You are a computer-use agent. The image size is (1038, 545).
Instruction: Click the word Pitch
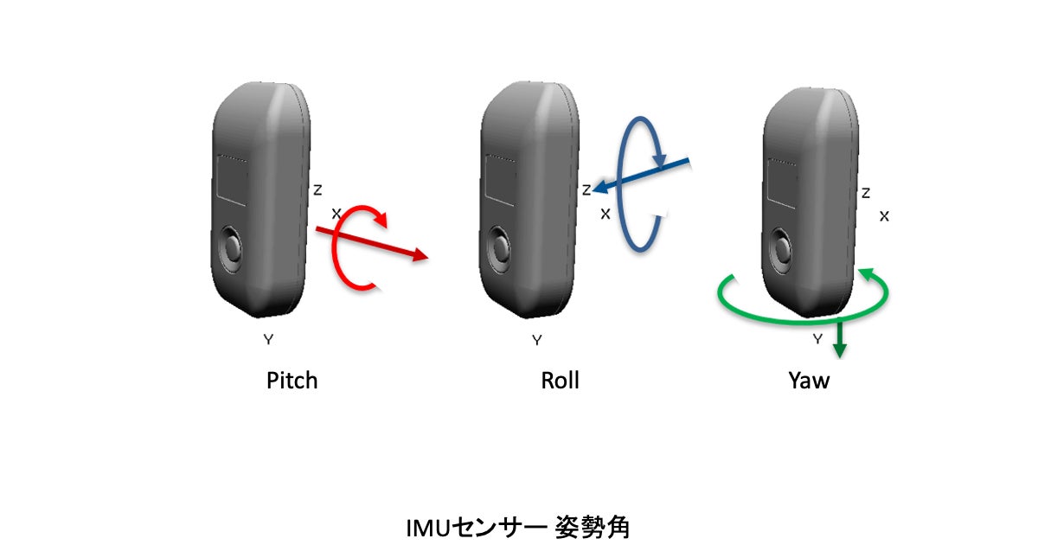tap(292, 381)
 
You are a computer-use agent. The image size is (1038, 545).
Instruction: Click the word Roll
tap(561, 381)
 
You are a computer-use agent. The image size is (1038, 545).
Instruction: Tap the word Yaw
tap(809, 381)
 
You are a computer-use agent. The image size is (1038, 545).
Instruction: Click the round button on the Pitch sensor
tap(231, 249)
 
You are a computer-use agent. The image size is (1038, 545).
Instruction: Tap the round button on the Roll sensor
tap(500, 249)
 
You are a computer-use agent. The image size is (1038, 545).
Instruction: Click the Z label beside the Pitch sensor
tap(317, 189)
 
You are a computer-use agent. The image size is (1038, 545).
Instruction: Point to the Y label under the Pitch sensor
tap(268, 340)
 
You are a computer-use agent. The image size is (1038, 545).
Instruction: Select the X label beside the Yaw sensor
tap(884, 216)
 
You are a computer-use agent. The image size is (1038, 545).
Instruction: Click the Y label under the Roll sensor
tap(537, 340)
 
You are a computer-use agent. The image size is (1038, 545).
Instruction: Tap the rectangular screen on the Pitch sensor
tap(231, 182)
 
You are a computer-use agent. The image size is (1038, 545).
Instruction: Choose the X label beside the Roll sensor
tap(605, 213)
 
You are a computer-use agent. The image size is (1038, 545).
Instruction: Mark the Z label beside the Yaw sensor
tap(866, 193)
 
